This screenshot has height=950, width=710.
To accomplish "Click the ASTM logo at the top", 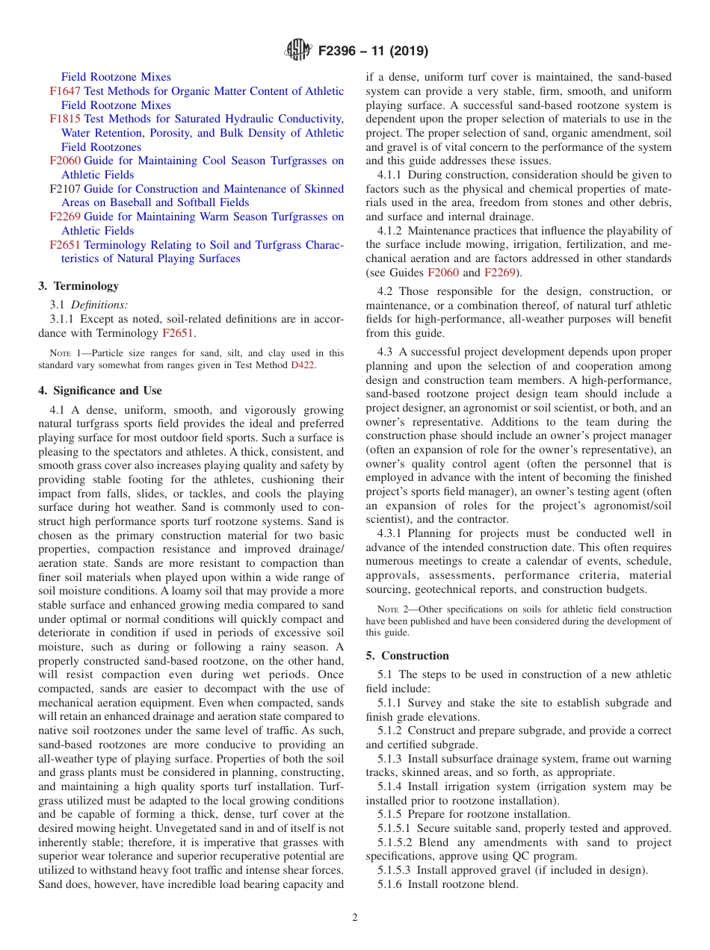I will point(298,52).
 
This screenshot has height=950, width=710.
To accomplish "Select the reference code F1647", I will point(65,91).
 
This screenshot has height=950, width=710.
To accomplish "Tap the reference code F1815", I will point(65,119).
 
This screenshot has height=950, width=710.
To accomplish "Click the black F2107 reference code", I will point(65,189).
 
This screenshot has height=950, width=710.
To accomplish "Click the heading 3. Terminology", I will point(78,286).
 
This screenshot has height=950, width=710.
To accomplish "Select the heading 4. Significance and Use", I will point(100,391).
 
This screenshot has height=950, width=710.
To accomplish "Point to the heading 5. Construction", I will point(407,656).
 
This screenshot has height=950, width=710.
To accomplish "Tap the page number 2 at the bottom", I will point(355,918).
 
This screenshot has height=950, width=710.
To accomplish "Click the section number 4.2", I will point(386,291).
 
